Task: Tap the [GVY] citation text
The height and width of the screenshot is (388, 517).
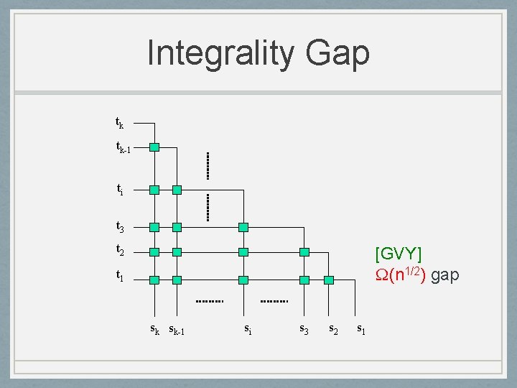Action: coord(399,254)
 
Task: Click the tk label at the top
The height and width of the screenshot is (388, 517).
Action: coord(120,123)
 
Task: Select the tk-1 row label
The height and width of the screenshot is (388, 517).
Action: coord(123,147)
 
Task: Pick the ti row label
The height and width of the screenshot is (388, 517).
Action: coord(120,190)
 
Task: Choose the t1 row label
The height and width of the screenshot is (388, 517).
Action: coord(120,275)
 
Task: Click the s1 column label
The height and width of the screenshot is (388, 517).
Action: coord(361,329)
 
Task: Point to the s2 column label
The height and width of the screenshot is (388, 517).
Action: coord(333,329)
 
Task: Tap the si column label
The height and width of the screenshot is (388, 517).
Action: coord(247,329)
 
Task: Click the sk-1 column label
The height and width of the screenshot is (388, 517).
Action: coord(177,331)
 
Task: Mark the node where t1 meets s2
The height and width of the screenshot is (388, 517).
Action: coord(329,280)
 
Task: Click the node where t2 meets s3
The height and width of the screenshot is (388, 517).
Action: coord(304,252)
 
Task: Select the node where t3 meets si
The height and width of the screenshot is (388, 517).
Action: coord(243,227)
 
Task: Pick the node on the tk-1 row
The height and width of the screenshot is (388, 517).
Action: coord(154,147)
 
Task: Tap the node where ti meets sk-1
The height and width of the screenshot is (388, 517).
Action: coord(177,190)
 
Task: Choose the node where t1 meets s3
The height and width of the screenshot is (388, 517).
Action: coord(304,280)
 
